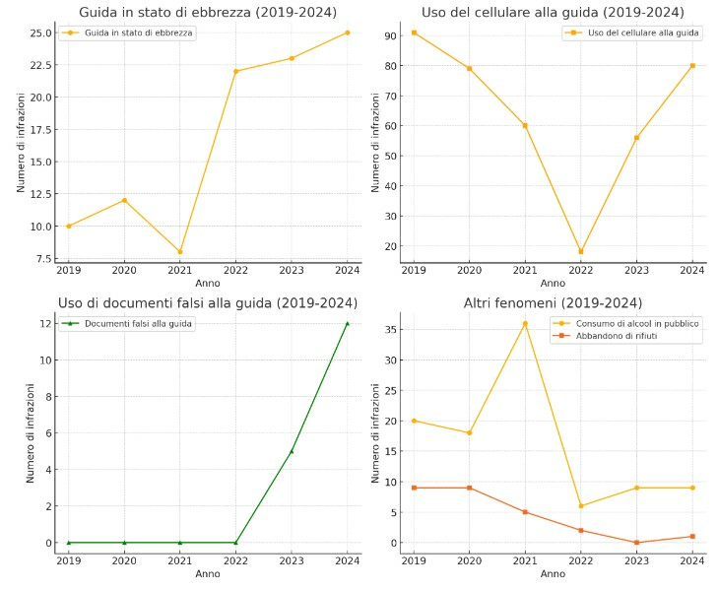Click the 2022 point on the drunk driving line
click(235, 71)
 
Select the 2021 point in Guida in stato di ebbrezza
click(179, 252)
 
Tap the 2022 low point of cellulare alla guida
click(580, 251)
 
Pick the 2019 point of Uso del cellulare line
click(414, 33)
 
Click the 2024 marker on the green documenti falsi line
click(347, 323)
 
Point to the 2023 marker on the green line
click(292, 451)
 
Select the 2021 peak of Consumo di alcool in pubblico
click(525, 323)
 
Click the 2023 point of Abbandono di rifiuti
click(636, 543)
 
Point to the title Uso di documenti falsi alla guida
click(207, 302)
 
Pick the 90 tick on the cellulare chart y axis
click(390, 35)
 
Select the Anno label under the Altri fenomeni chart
click(553, 574)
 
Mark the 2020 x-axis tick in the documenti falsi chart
click(124, 560)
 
